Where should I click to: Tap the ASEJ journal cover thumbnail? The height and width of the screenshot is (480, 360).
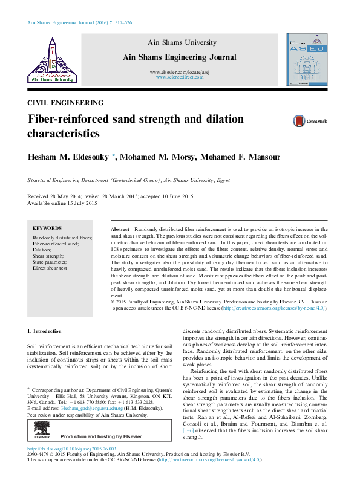click(307, 59)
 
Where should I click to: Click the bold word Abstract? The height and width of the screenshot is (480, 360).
click(120, 230)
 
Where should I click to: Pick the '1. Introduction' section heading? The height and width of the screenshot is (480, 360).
click(45, 331)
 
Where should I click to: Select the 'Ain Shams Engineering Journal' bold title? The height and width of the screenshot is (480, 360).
click(179, 57)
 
